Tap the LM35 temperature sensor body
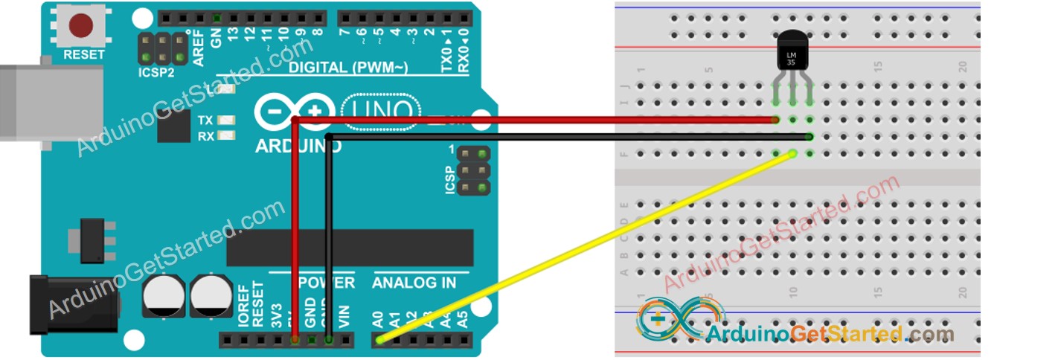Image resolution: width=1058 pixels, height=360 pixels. pos(792,54)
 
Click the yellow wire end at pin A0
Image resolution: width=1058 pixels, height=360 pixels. pos(381,340)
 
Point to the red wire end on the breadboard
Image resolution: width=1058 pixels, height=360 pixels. pos(775,120)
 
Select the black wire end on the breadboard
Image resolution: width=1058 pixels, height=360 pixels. pos(809,137)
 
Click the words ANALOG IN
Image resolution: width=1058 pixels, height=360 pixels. pos(414,283)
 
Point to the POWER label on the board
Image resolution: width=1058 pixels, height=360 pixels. pos(327,283)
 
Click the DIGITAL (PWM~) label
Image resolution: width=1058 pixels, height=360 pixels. pos(348,68)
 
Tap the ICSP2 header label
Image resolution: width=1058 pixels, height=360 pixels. pos(156,73)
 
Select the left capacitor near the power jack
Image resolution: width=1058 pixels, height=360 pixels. pos(164,296)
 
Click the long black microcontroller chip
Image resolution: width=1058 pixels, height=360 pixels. pos(350,248)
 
